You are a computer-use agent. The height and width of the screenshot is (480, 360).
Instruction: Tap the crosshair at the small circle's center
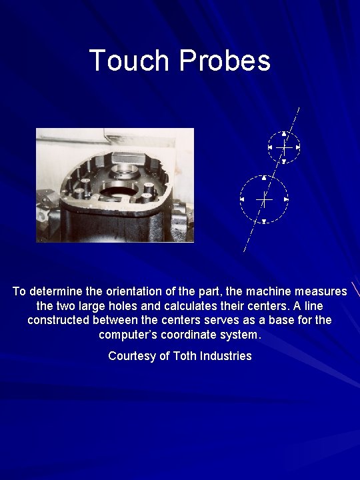284,147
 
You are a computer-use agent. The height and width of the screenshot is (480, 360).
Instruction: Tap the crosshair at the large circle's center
264,199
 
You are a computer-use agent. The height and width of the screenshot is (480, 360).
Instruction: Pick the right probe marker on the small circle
297,147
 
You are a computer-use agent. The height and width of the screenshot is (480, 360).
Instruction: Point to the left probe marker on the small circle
270,147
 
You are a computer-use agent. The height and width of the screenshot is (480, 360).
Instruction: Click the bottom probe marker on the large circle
264,221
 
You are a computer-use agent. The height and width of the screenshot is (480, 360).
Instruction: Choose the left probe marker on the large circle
242,199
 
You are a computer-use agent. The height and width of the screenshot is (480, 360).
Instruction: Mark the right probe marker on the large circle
286,199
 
